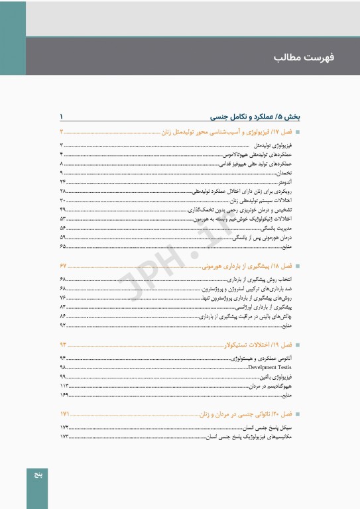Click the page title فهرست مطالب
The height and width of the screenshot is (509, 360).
(x=304, y=58)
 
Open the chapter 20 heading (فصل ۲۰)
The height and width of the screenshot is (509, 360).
(x=252, y=414)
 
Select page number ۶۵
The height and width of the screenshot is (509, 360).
(x=62, y=246)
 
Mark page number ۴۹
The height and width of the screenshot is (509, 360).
(x=62, y=209)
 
